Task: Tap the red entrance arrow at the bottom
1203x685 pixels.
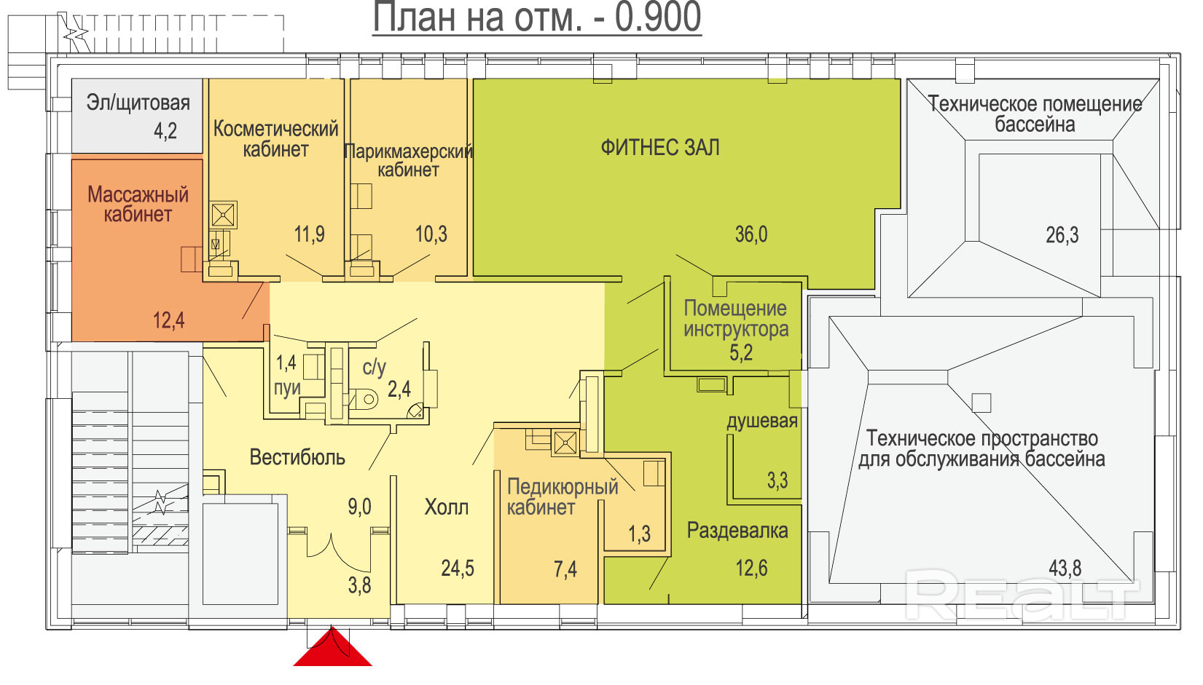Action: point(332,647)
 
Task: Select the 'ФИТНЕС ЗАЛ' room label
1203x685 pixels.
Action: point(660,148)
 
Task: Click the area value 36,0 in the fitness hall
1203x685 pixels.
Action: point(751,234)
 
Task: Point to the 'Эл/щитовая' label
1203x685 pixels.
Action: point(138,103)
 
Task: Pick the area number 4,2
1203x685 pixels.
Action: point(165,131)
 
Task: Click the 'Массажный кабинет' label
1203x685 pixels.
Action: point(138,205)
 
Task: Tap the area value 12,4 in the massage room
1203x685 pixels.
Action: point(168,320)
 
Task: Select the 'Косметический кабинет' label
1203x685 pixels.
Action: point(276,139)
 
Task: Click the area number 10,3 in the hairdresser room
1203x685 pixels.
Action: point(431,234)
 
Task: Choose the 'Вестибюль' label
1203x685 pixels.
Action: point(297,458)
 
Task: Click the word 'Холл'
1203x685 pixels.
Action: point(446,507)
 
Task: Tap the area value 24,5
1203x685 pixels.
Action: point(458,568)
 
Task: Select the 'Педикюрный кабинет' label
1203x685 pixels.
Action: point(563,496)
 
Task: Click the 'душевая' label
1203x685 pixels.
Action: point(762,421)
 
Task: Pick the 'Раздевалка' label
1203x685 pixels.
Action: point(737,531)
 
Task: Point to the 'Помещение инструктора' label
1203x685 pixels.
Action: point(736,319)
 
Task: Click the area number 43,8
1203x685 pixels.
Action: point(1065,568)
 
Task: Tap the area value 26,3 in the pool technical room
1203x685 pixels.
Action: point(1062,235)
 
